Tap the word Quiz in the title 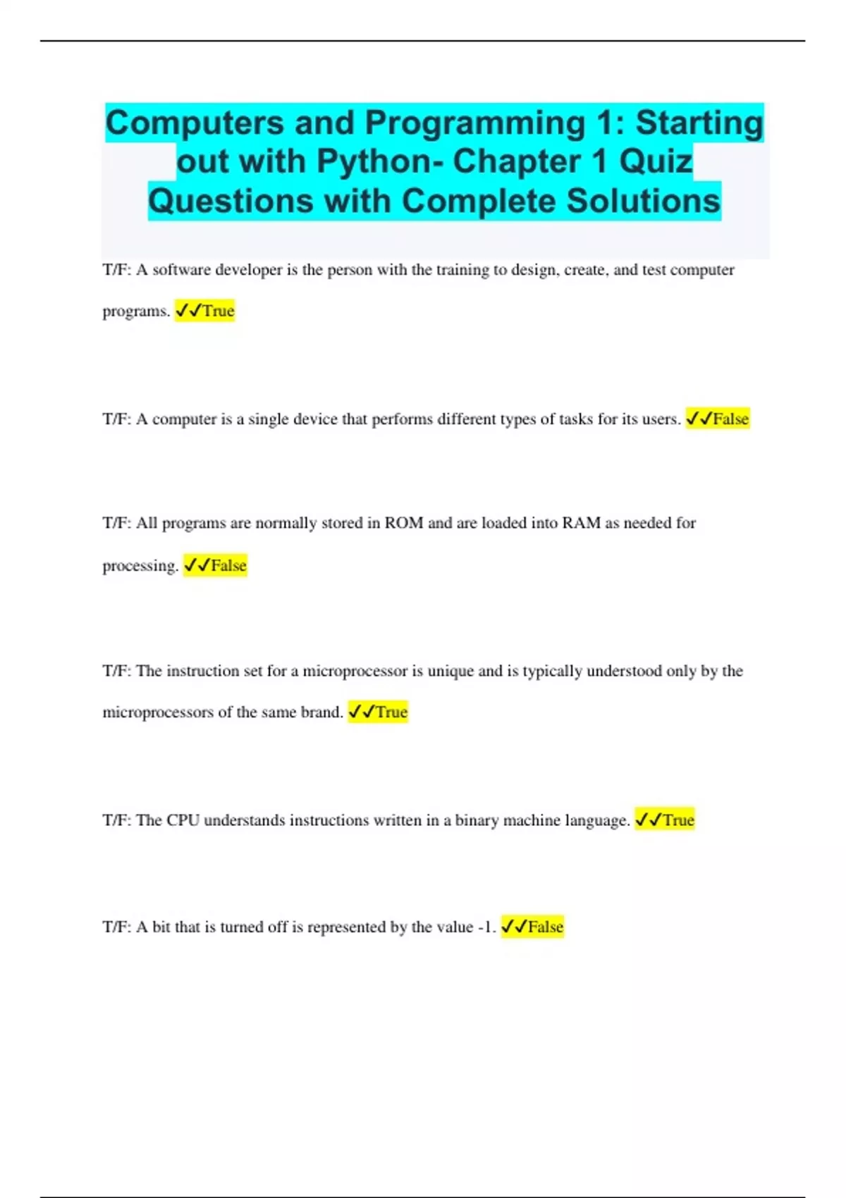pyautogui.click(x=656, y=161)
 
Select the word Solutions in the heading pyautogui.click(x=643, y=201)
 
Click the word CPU pyautogui.click(x=183, y=820)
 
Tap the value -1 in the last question pyautogui.click(x=486, y=927)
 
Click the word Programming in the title pyautogui.click(x=474, y=123)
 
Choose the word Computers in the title pyautogui.click(x=195, y=123)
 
